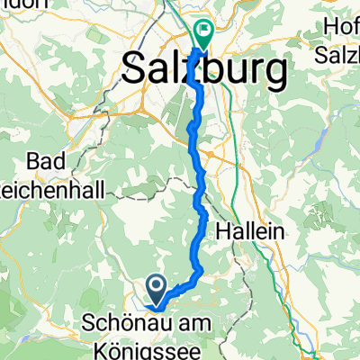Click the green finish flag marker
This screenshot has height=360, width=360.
tap(204, 35)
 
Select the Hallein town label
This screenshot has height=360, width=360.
tap(251, 231)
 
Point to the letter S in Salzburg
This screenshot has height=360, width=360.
tap(134, 68)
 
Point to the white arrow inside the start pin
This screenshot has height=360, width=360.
tap(156, 287)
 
